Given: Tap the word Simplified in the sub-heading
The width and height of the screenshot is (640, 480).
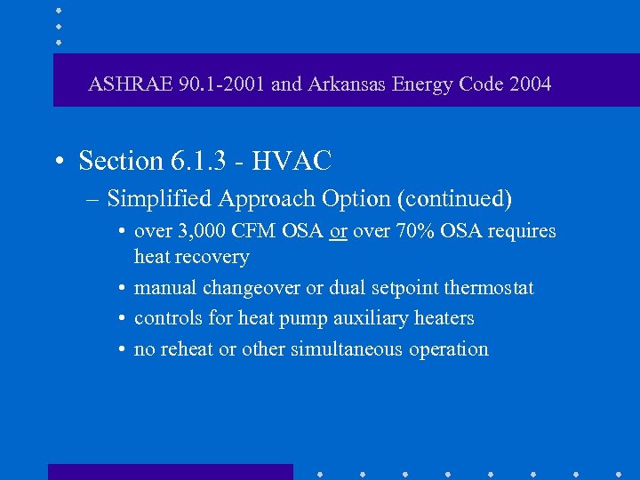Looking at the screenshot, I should point(156,199).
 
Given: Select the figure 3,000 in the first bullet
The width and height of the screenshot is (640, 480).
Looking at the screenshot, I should point(196,231).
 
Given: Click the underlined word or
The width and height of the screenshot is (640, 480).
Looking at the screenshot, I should point(338,231).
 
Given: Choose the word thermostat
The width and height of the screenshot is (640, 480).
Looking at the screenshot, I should point(489,288).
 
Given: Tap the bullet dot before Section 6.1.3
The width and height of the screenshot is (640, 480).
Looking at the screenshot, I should point(58,162).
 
